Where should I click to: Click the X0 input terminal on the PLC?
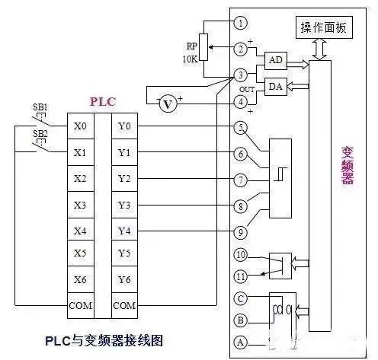79,126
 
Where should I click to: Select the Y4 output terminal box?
125,231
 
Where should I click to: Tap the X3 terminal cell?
79,205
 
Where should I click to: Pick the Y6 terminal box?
125,280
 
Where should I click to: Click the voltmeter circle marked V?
168,104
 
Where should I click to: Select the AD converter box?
275,61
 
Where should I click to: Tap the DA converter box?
275,87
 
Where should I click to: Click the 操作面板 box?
323,27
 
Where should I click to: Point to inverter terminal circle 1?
241,23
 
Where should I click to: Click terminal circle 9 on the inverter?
241,232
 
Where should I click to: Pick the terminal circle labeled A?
241,342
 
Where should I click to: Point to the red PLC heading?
102,100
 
